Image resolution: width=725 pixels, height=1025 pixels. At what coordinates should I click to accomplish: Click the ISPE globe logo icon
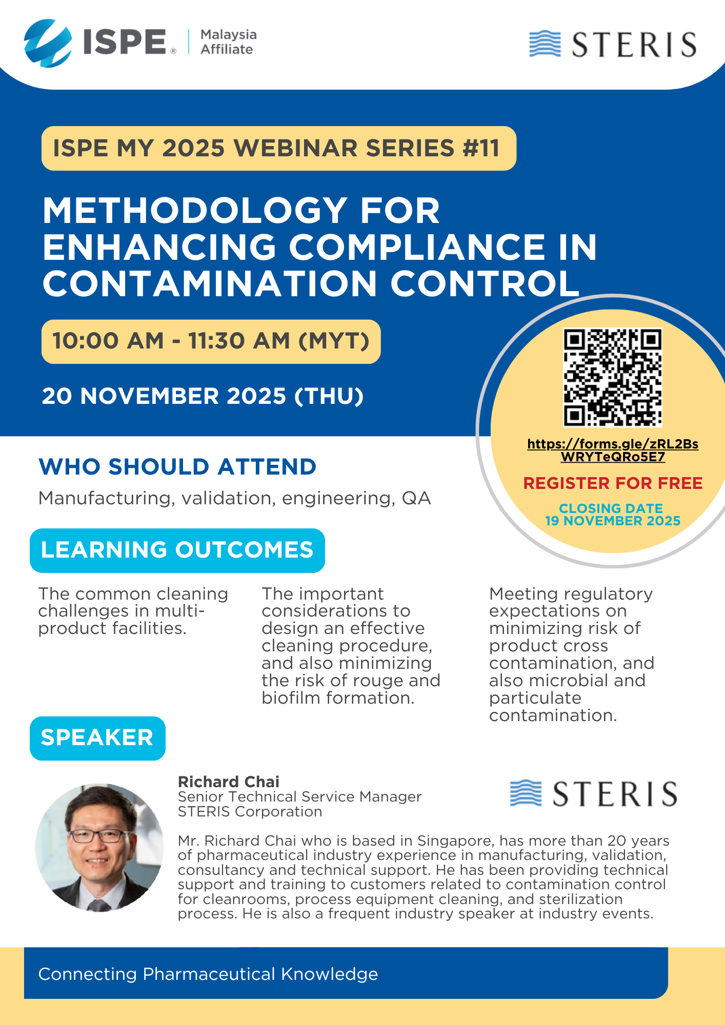pyautogui.click(x=48, y=43)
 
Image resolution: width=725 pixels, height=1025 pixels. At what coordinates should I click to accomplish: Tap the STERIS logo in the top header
pyautogui.click(x=613, y=44)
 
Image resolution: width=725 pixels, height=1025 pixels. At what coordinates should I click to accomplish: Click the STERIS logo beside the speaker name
pyautogui.click(x=593, y=794)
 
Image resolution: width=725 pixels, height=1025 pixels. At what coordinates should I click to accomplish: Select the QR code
pyautogui.click(x=613, y=377)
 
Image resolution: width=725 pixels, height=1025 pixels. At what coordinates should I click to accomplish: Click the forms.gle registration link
pyautogui.click(x=613, y=450)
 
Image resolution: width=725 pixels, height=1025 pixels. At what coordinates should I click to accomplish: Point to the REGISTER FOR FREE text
pyautogui.click(x=613, y=483)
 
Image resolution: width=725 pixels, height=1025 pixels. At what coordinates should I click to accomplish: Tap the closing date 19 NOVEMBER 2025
pyautogui.click(x=613, y=521)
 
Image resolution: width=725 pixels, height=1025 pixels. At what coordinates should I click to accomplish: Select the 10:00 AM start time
pyautogui.click(x=108, y=341)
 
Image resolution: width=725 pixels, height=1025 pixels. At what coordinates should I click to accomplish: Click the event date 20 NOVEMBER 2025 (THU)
pyautogui.click(x=203, y=396)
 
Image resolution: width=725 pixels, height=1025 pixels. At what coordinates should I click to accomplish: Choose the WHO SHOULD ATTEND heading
pyautogui.click(x=177, y=467)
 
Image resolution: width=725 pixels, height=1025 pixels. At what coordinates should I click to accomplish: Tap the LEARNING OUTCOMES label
pyautogui.click(x=177, y=550)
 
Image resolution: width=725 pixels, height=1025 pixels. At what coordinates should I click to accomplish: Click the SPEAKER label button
pyautogui.click(x=97, y=738)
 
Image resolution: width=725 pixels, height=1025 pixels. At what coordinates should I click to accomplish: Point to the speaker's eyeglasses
pyautogui.click(x=97, y=836)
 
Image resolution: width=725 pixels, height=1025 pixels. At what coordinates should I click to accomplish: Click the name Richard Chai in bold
pyautogui.click(x=229, y=782)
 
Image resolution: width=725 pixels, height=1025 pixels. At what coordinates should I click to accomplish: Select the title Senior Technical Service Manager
pyautogui.click(x=299, y=796)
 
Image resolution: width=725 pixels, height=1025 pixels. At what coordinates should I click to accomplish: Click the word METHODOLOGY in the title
pyautogui.click(x=195, y=211)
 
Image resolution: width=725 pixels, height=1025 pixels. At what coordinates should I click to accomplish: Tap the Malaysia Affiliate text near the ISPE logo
pyautogui.click(x=228, y=42)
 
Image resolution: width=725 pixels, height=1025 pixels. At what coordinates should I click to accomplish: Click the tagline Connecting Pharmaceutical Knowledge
pyautogui.click(x=208, y=974)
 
